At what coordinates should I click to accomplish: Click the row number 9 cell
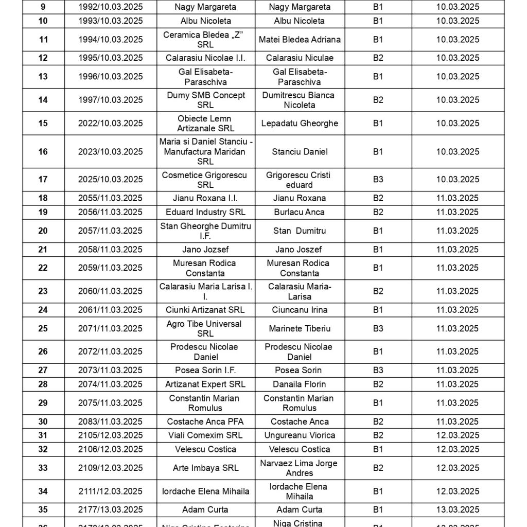tap(43, 7)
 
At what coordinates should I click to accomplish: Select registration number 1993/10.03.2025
tap(110, 21)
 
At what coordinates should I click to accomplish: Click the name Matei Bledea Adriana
tap(300, 40)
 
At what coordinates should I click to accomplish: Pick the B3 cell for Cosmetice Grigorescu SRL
tap(378, 180)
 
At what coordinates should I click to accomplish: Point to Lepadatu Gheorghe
tap(300, 124)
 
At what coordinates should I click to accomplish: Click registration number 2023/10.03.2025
tap(110, 152)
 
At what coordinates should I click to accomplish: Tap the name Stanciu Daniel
tap(300, 152)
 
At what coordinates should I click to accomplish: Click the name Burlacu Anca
tap(300, 212)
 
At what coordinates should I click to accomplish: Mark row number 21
tap(43, 250)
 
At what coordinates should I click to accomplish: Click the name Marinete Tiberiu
tap(300, 328)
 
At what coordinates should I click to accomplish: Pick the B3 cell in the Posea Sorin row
tap(378, 370)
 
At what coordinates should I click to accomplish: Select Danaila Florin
tap(300, 384)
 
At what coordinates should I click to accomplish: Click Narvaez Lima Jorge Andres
tap(300, 468)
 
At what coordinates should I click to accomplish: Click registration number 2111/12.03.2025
tap(110, 491)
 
